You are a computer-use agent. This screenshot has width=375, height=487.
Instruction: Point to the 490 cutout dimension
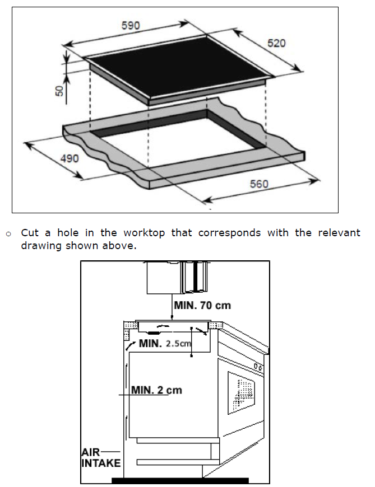(x=70, y=159)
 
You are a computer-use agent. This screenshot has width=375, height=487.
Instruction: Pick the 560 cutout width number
(x=258, y=184)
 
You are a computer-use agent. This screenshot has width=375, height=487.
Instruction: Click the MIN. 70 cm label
(x=202, y=306)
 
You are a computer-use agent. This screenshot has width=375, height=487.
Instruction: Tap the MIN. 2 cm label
(x=156, y=390)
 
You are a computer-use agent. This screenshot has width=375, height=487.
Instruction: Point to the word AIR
(x=91, y=452)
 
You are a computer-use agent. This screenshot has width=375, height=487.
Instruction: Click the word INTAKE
(x=100, y=463)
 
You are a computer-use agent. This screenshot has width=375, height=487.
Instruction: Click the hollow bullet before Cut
(x=8, y=233)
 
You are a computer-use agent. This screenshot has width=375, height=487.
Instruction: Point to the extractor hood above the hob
(x=174, y=279)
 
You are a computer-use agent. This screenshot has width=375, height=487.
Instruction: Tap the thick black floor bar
(x=179, y=480)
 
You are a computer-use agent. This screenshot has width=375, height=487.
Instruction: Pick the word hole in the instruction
(x=68, y=233)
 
